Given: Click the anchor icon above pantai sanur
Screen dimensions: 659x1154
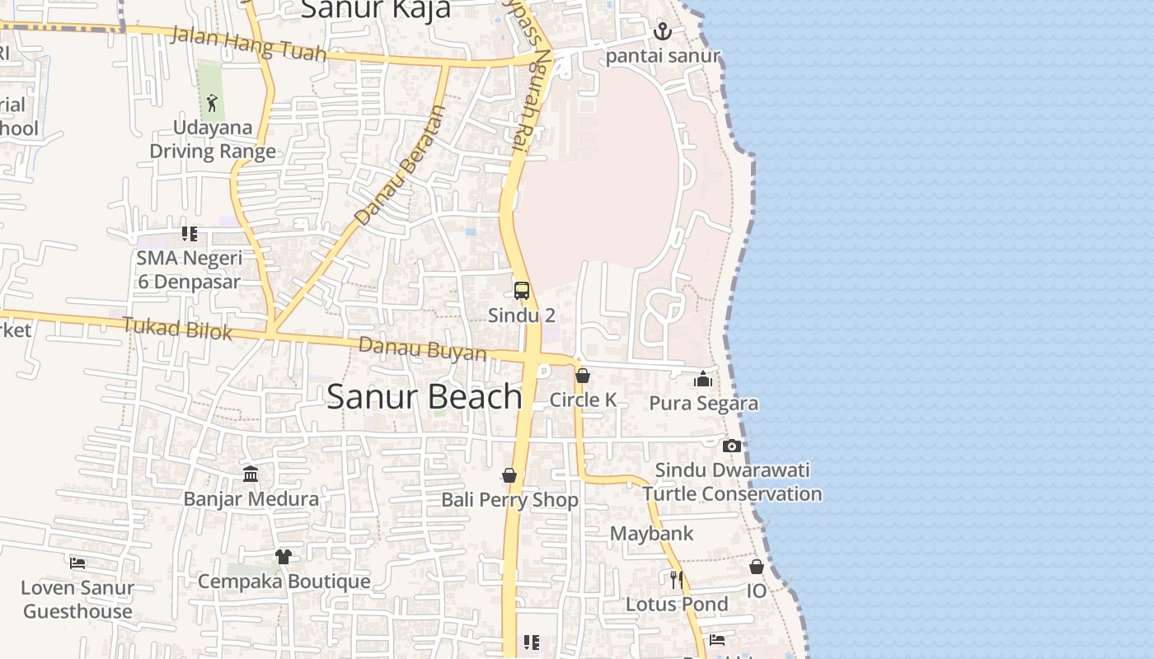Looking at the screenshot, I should click(x=663, y=32).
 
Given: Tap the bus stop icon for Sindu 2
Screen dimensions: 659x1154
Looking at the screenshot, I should click(x=522, y=291).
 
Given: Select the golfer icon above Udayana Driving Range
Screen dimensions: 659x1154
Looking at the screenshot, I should click(x=212, y=103).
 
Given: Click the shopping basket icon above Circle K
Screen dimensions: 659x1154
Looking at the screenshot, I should click(x=583, y=376).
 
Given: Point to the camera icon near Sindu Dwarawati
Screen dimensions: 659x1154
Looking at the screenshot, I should click(x=731, y=446).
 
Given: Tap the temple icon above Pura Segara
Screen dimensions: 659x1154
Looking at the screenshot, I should click(x=703, y=379).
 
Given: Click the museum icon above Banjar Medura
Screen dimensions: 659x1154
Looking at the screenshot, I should click(x=251, y=474).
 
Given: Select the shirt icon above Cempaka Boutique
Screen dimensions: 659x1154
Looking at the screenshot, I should click(x=284, y=557).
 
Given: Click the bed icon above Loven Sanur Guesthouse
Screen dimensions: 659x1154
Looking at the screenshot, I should click(x=77, y=563).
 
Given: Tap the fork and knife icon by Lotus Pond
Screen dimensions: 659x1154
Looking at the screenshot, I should click(x=677, y=580).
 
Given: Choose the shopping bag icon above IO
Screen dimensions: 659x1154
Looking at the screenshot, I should click(x=757, y=567).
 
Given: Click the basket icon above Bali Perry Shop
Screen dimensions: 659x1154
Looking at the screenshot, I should click(x=509, y=475).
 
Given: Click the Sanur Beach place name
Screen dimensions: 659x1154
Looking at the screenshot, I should click(x=425, y=397).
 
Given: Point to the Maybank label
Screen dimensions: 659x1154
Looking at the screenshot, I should click(x=652, y=534).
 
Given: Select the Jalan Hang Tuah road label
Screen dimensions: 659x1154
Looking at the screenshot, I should click(x=248, y=43).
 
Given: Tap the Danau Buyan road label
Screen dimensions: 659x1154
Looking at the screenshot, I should click(x=423, y=348).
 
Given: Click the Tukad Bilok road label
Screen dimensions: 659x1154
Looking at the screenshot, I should click(x=177, y=329).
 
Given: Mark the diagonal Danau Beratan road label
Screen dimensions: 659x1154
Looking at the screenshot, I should click(x=400, y=165).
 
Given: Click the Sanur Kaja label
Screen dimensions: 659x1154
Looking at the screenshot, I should click(x=376, y=9).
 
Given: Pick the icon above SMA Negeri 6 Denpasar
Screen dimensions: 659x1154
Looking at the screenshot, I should click(x=190, y=234).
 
